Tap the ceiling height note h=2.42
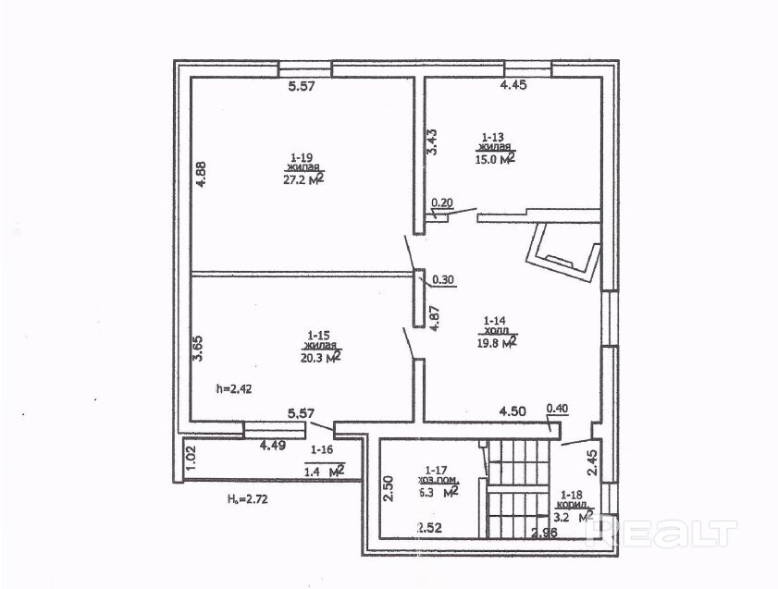pyautogui.click(x=233, y=388)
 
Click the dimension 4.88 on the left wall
pyautogui.click(x=200, y=176)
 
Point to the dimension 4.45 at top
pyautogui.click(x=513, y=86)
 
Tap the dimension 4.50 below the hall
pyautogui.click(x=513, y=411)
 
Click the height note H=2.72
pyautogui.click(x=248, y=499)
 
